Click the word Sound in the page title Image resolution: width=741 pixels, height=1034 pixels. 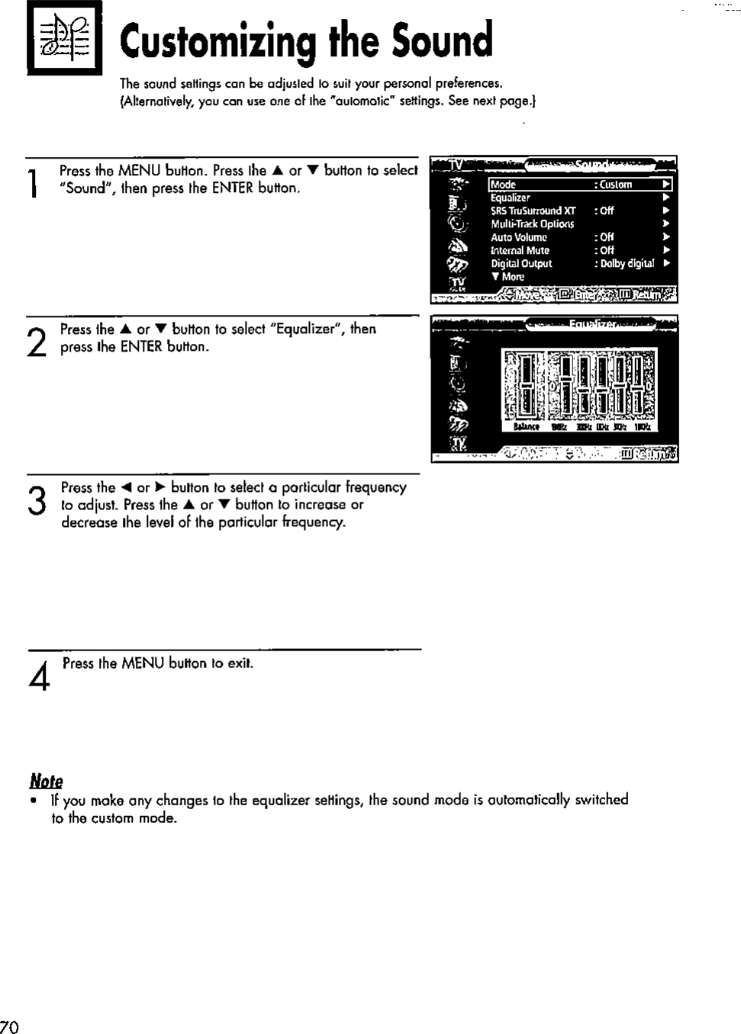pyautogui.click(x=442, y=41)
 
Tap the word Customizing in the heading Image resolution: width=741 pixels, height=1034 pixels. pyautogui.click(x=217, y=43)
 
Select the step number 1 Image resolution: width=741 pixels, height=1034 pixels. pyautogui.click(x=31, y=184)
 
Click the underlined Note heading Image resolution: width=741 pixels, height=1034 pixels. pyautogui.click(x=46, y=781)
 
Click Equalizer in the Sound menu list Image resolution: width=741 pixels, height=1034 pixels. pyautogui.click(x=511, y=197)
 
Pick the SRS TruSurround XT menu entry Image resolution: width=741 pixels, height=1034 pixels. pyautogui.click(x=533, y=210)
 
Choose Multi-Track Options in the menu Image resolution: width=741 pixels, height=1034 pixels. pyautogui.click(x=532, y=224)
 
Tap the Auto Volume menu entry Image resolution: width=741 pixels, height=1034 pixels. pyautogui.click(x=519, y=237)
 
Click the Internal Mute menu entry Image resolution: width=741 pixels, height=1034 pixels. pyautogui.click(x=520, y=250)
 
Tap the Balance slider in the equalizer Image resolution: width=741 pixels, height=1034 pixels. pyautogui.click(x=525, y=385)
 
